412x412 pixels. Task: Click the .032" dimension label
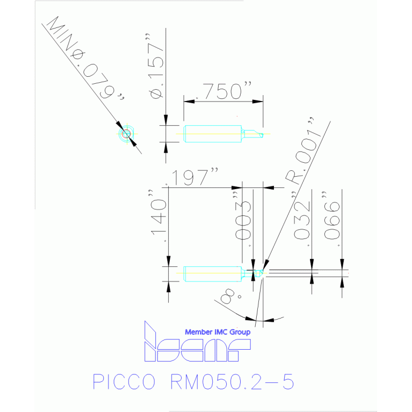click(x=303, y=223)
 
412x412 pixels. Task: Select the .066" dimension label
click(x=334, y=223)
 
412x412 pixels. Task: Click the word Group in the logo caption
click(x=240, y=332)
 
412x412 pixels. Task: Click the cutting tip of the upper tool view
click(x=261, y=133)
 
